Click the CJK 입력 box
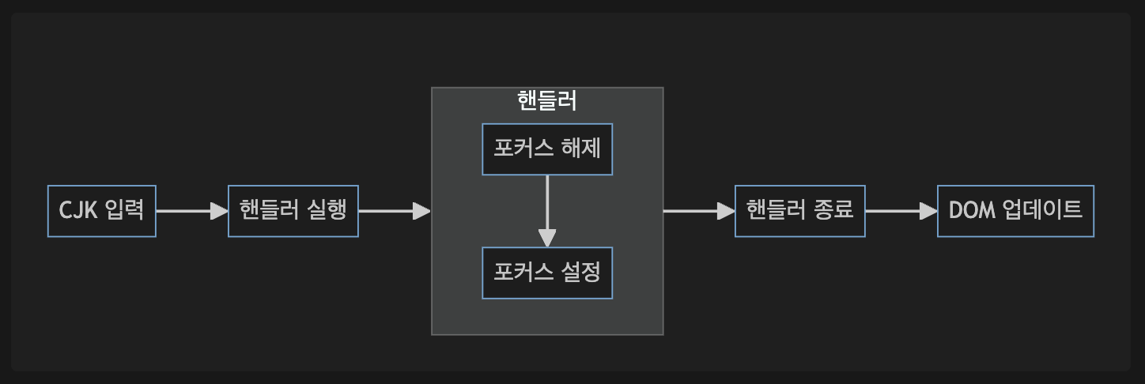pyautogui.click(x=102, y=211)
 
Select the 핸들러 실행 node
pyautogui.click(x=293, y=211)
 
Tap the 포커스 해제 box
pyautogui.click(x=547, y=149)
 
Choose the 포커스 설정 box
pyautogui.click(x=547, y=273)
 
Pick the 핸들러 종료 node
pyautogui.click(x=800, y=211)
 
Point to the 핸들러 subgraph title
pyautogui.click(x=547, y=100)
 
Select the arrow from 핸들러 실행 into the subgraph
pyautogui.click(x=394, y=211)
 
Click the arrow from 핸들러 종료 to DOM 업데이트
pyautogui.click(x=901, y=211)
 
